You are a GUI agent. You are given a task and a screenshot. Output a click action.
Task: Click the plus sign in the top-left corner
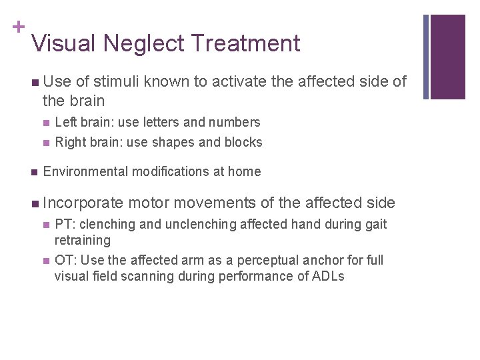[17, 27]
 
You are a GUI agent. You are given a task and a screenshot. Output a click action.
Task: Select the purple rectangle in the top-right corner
[448, 57]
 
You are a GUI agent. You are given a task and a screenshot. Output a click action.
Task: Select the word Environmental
[85, 171]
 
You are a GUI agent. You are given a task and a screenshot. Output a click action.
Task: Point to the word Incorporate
[83, 203]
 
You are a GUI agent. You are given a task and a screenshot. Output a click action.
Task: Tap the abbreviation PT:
[65, 224]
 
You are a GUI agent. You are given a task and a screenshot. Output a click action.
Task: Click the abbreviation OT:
[65, 260]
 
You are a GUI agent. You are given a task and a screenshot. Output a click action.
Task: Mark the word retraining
[82, 240]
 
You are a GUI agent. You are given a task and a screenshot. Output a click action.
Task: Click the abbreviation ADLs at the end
[328, 276]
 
